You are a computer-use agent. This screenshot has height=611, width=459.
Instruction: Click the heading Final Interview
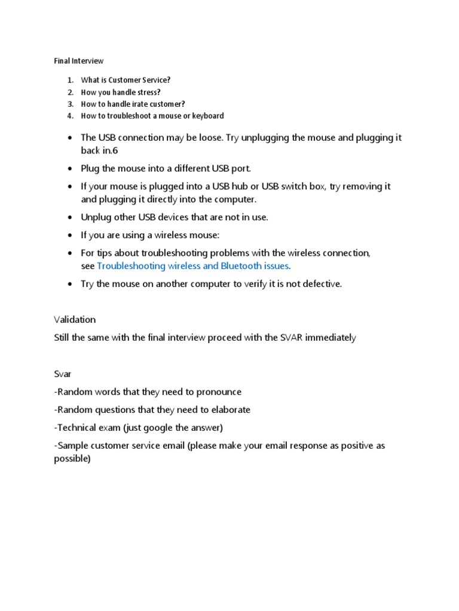(79, 61)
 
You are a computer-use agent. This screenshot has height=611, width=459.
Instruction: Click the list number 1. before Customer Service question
(69, 80)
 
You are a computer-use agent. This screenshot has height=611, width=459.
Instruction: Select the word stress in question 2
(148, 92)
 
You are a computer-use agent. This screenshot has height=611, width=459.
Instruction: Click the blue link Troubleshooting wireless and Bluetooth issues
(193, 266)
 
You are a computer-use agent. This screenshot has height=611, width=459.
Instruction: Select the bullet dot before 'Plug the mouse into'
(70, 169)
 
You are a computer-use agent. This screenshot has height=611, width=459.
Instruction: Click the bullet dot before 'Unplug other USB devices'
(70, 218)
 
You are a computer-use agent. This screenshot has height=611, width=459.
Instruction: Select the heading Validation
(75, 320)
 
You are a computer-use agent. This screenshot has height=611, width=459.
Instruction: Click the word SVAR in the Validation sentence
(294, 338)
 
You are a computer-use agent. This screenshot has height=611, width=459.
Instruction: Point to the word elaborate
(230, 410)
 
